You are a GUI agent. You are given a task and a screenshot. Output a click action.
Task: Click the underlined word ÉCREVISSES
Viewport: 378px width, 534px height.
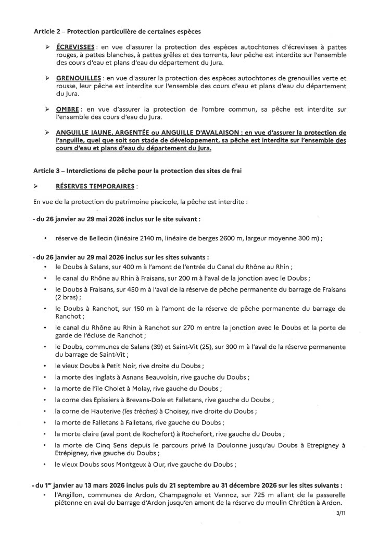tap(72, 47)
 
